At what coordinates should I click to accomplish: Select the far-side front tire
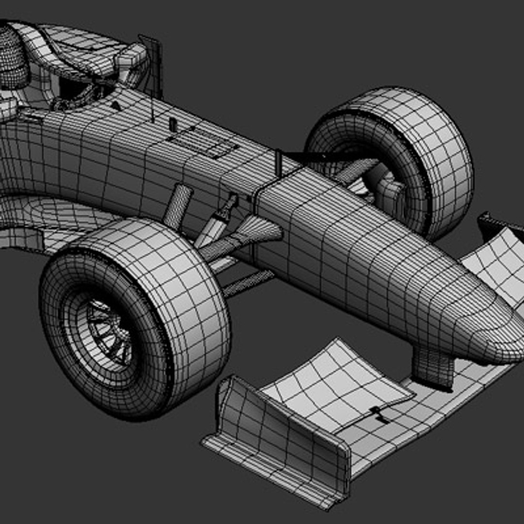pyautogui.click(x=417, y=146)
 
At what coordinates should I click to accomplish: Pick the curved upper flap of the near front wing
pyautogui.click(x=340, y=383)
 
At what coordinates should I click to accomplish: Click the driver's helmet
pyautogui.click(x=12, y=58)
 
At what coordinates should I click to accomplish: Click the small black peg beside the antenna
pyautogui.click(x=172, y=124)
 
